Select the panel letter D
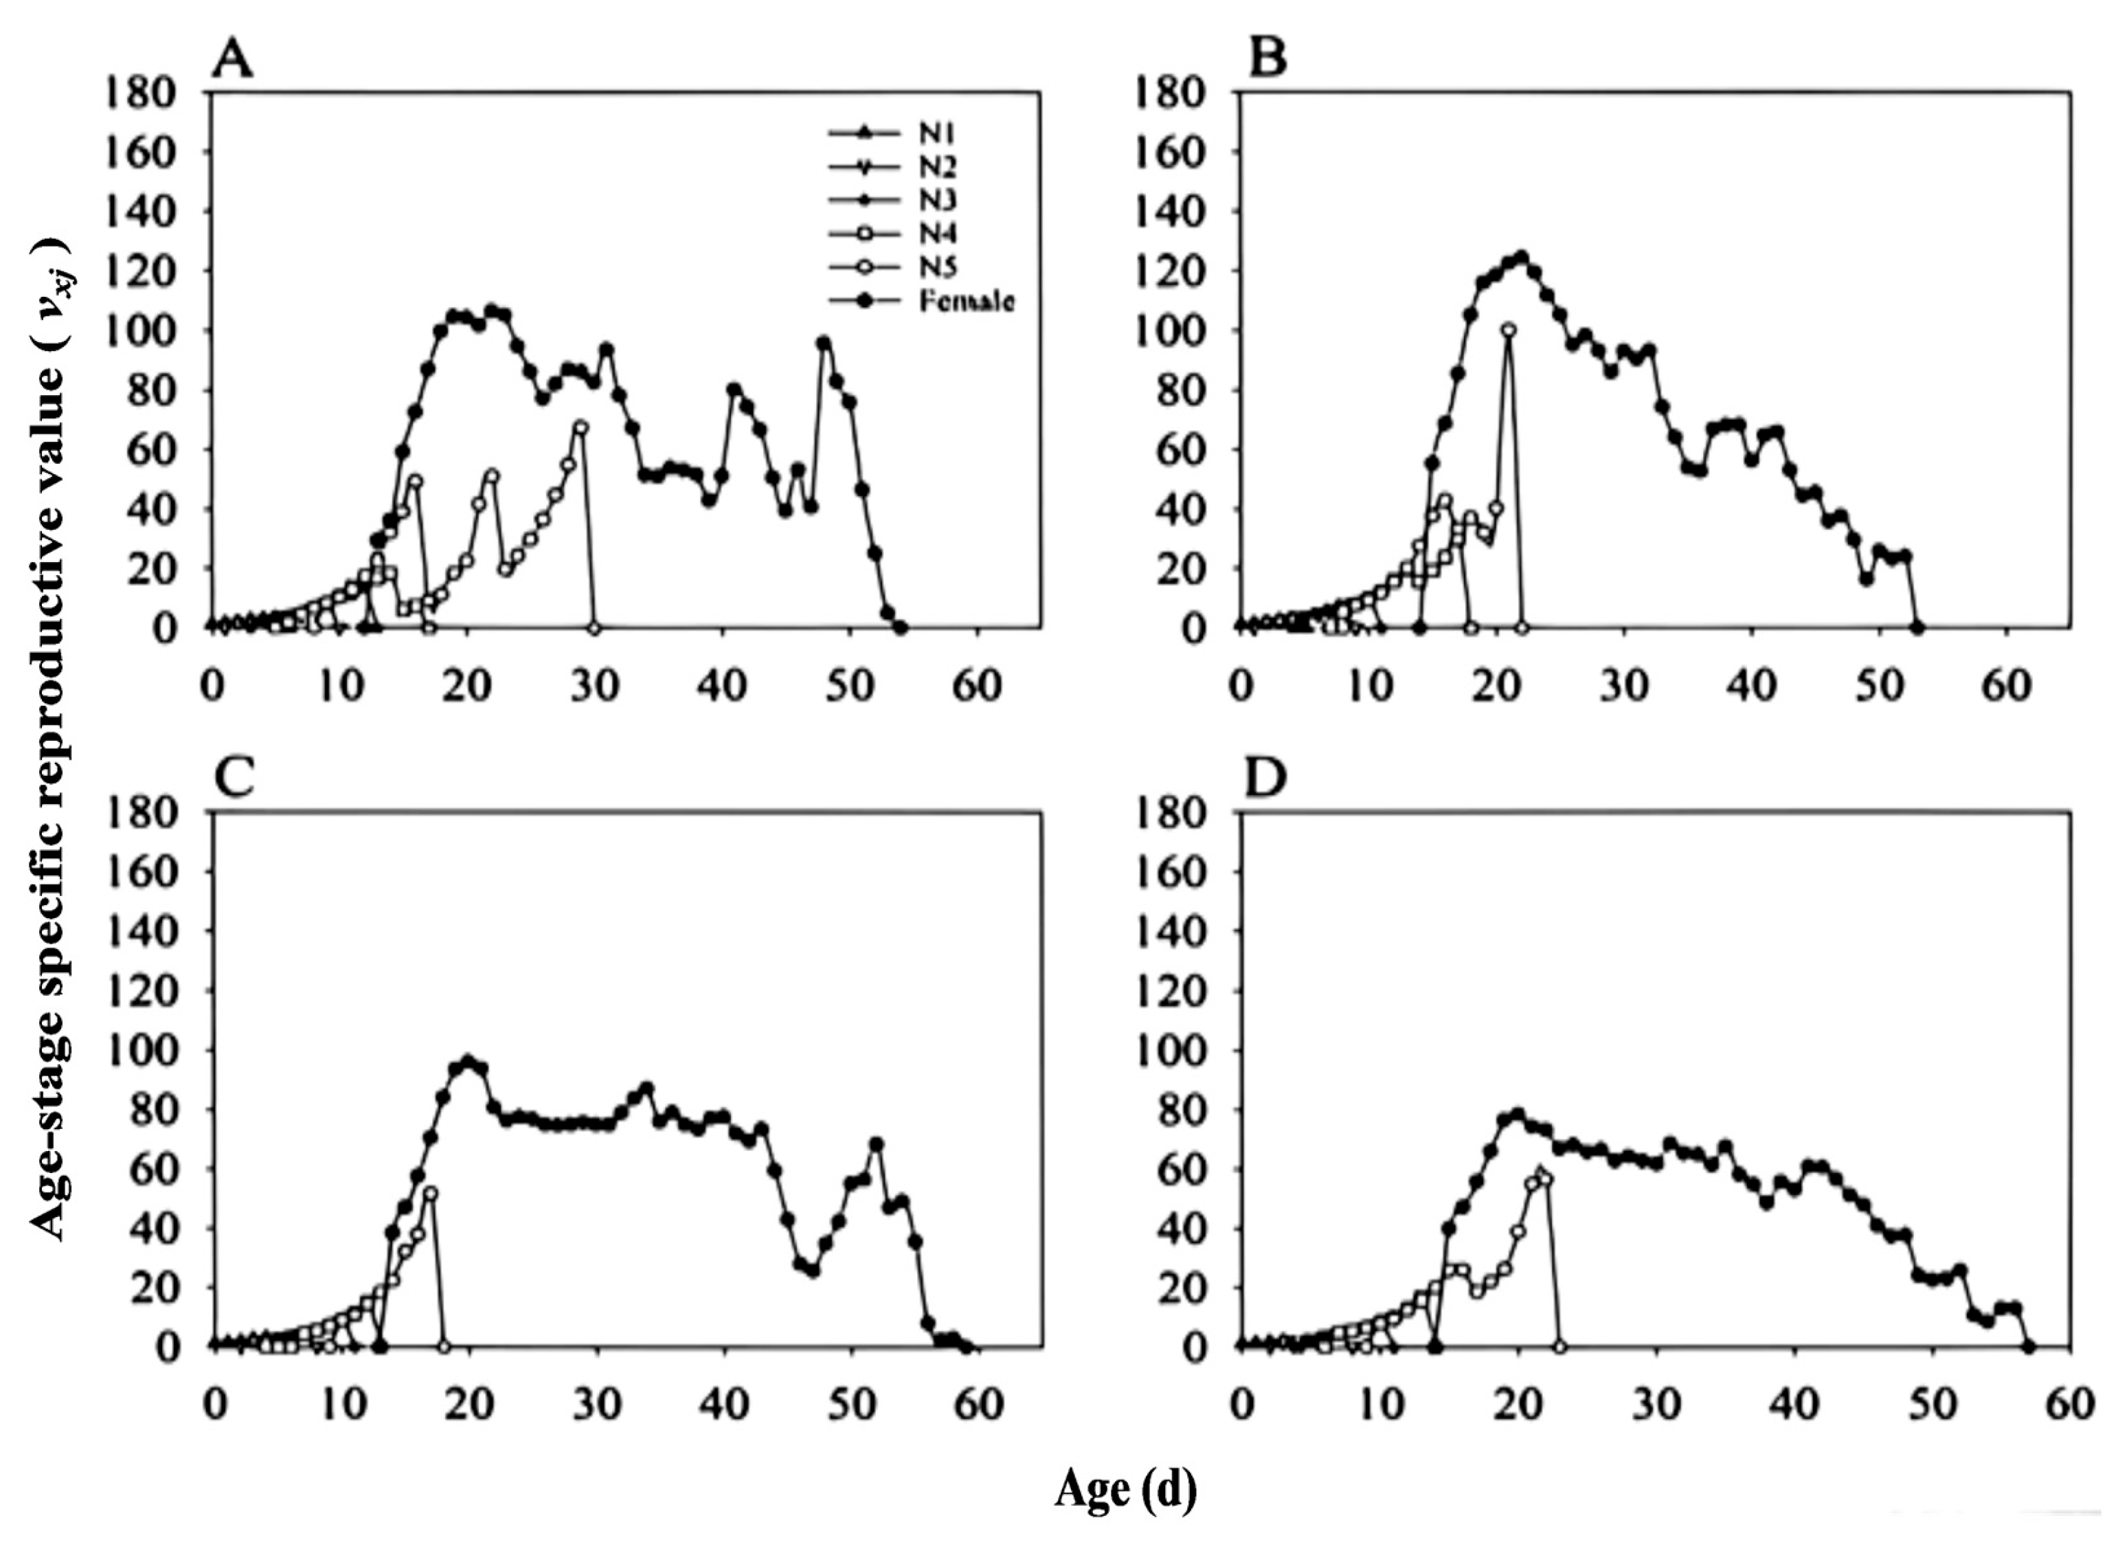[x=1268, y=778]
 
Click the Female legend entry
[x=967, y=302]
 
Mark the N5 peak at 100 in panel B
[x=1509, y=330]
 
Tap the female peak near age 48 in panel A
[x=823, y=344]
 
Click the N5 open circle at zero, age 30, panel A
[x=594, y=627]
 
